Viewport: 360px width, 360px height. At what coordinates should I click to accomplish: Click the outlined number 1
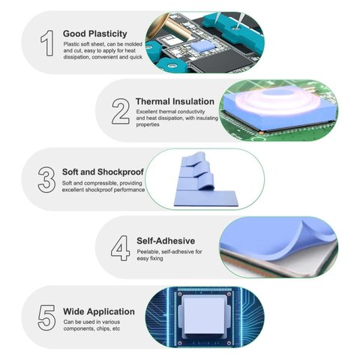[x=48, y=43]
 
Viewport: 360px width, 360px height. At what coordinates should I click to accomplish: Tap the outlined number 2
[x=121, y=111]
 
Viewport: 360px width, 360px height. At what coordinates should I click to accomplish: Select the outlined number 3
[x=46, y=180]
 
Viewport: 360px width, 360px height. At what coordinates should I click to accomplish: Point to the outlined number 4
[x=121, y=248]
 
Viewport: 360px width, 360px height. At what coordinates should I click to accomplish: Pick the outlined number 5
[x=46, y=317]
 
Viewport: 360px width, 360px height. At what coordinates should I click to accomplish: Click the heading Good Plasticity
[x=95, y=34]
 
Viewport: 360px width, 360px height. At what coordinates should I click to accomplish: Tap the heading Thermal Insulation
[x=175, y=101]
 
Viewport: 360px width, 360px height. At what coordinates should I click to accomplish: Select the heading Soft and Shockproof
[x=103, y=172]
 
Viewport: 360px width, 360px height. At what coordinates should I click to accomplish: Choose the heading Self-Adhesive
[x=166, y=241]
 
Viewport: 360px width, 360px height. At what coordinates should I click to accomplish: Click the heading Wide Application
[x=99, y=311]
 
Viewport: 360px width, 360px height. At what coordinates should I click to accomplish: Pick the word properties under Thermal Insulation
[x=148, y=124]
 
